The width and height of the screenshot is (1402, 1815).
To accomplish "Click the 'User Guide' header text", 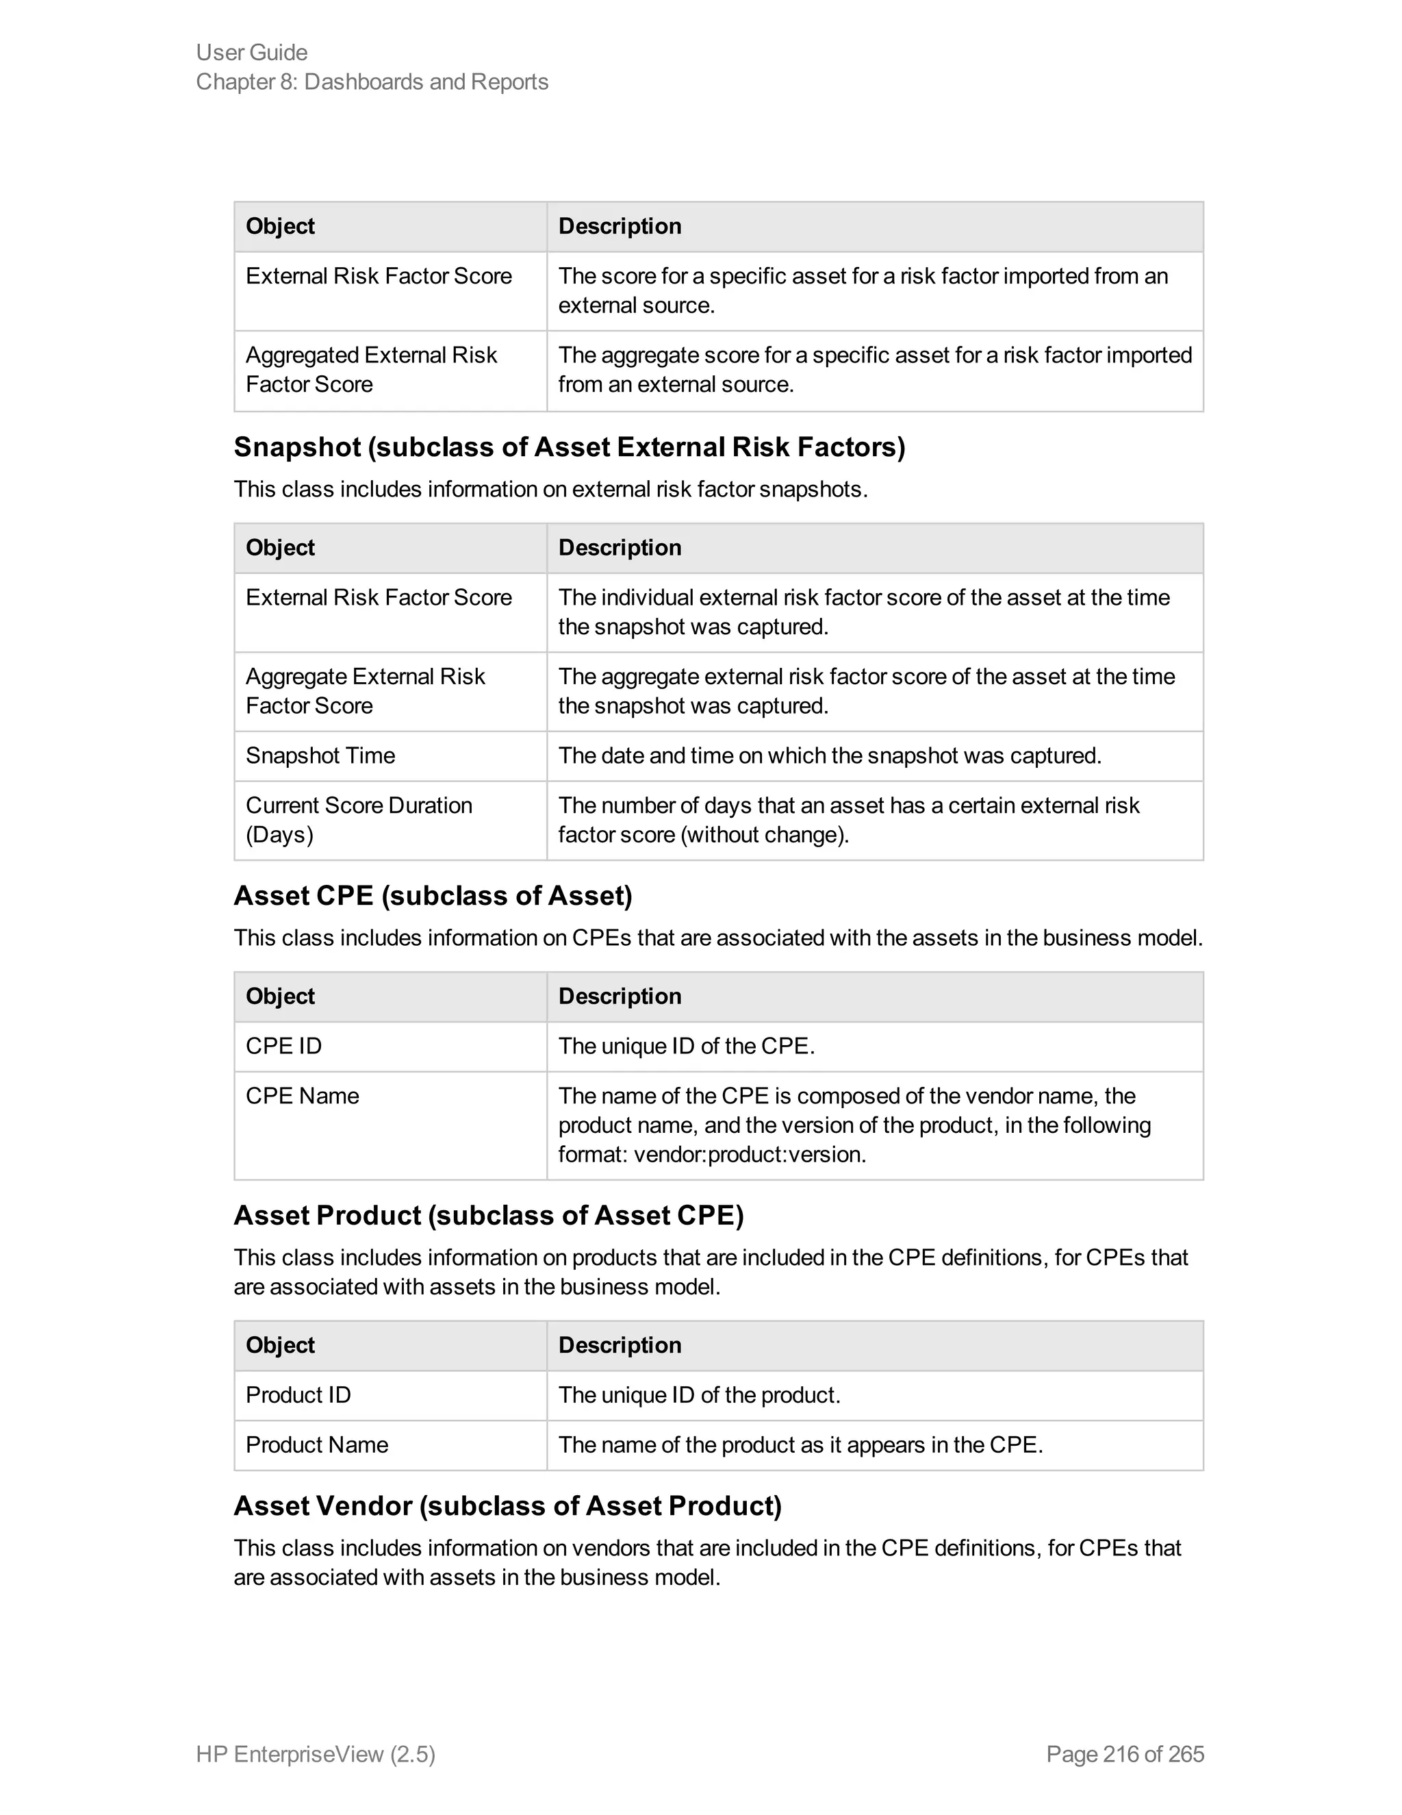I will (x=252, y=52).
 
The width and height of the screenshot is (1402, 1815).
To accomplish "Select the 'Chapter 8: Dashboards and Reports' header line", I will (x=372, y=82).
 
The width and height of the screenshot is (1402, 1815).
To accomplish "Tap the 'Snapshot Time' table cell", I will (x=320, y=755).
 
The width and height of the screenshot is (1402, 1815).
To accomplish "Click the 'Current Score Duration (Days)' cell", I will (x=359, y=819).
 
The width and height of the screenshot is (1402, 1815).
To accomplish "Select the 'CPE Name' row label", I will (x=303, y=1095).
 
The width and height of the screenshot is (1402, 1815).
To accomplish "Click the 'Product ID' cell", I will (x=298, y=1394).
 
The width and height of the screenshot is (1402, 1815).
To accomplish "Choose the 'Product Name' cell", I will (x=317, y=1444).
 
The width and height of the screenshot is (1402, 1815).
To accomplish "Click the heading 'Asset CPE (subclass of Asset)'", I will (x=433, y=895).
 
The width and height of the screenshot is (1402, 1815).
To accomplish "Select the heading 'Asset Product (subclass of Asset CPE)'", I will (x=488, y=1215).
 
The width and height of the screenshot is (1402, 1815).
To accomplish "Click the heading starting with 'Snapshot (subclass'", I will (x=569, y=447).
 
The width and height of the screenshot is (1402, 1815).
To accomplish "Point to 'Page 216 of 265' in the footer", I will (x=1125, y=1753).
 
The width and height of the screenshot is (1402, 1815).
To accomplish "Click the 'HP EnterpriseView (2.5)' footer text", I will (x=316, y=1753).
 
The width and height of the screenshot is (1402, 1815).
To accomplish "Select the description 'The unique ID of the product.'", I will (x=700, y=1394).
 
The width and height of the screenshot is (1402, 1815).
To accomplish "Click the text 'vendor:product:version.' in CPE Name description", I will (x=749, y=1154).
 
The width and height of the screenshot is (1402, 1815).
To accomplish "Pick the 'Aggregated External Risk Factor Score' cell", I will (x=370, y=369).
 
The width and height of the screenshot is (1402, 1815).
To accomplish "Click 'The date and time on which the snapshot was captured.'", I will (x=829, y=755).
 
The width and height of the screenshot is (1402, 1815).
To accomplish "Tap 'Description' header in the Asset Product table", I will (x=620, y=1344).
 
